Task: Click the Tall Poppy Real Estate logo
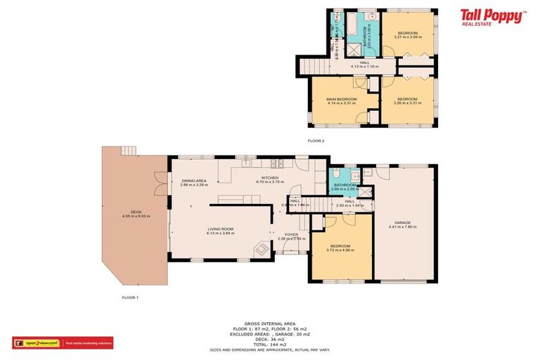pos(491,16)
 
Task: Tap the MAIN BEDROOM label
pos(342,99)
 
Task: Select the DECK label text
pos(136,212)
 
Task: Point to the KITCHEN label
pos(271,178)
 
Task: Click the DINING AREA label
pos(193,181)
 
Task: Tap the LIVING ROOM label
pos(220,229)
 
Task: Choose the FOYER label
pos(291,234)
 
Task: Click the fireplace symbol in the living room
pos(262,248)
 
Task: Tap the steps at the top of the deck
pos(128,150)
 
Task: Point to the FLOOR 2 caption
pos(316,141)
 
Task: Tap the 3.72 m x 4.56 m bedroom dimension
pos(340,250)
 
